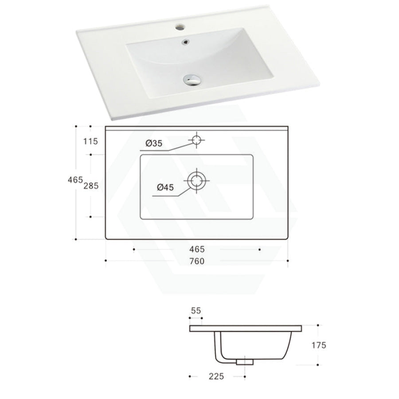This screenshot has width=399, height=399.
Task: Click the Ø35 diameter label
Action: click(154, 143)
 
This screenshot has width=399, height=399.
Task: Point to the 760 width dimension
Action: click(196, 261)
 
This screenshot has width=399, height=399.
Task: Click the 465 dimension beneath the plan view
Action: click(196, 249)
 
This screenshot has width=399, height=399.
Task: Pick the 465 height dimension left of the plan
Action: click(75, 180)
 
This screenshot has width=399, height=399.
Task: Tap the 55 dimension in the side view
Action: click(196, 311)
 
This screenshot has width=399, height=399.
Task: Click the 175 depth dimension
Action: click(319, 345)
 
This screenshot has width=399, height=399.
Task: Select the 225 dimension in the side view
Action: click(216, 377)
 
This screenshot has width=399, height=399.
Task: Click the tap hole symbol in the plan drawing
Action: click(196, 140)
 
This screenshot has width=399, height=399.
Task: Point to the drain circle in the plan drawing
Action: click(196, 180)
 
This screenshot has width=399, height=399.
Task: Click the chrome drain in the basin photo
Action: click(191, 80)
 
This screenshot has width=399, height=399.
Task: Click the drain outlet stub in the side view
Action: click(245, 362)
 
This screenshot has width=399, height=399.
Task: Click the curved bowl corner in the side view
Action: click(220, 354)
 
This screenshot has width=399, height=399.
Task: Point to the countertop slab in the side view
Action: click(246, 328)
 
